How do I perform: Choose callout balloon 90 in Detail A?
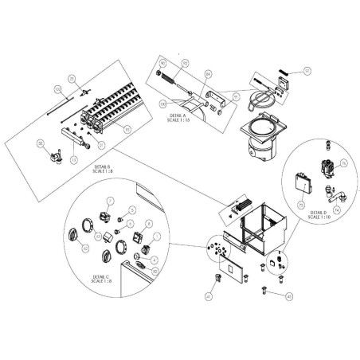[162, 64]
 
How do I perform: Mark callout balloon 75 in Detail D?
[302, 204]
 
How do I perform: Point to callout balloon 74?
[336, 210]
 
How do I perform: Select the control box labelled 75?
[302, 182]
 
